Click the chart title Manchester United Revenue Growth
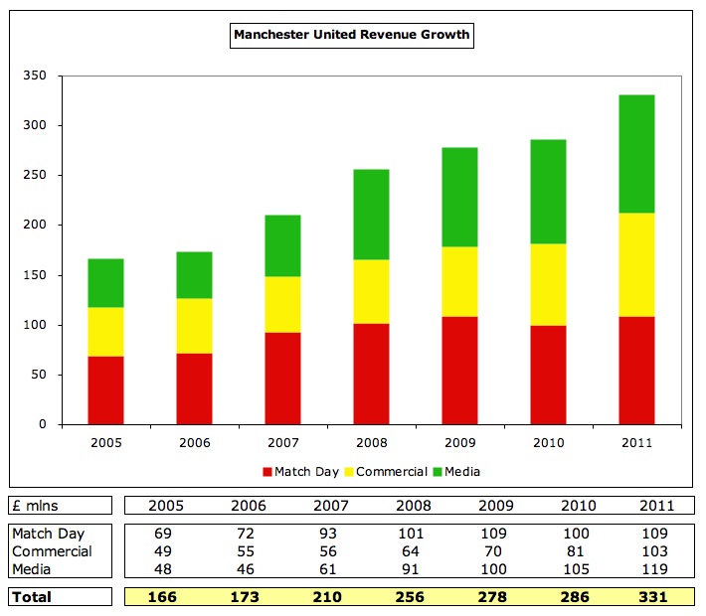click(351, 36)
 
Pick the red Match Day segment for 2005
click(105, 389)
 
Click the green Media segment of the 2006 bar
click(194, 275)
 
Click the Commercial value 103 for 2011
click(657, 551)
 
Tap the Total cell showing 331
click(657, 597)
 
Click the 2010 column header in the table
click(579, 506)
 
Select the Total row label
click(32, 597)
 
